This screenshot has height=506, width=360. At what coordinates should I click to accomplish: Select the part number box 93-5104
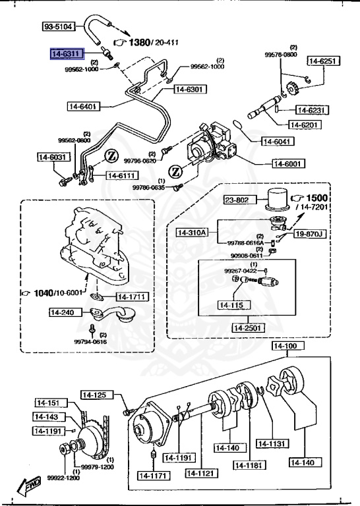pyautogui.click(x=59, y=27)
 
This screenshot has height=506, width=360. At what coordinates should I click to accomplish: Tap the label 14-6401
pyautogui.click(x=83, y=105)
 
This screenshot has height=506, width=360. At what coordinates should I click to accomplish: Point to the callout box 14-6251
pyautogui.click(x=323, y=61)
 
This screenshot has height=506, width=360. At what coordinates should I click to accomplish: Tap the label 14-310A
pyautogui.click(x=192, y=232)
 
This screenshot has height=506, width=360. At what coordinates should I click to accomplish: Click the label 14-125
pyautogui.click(x=94, y=395)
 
